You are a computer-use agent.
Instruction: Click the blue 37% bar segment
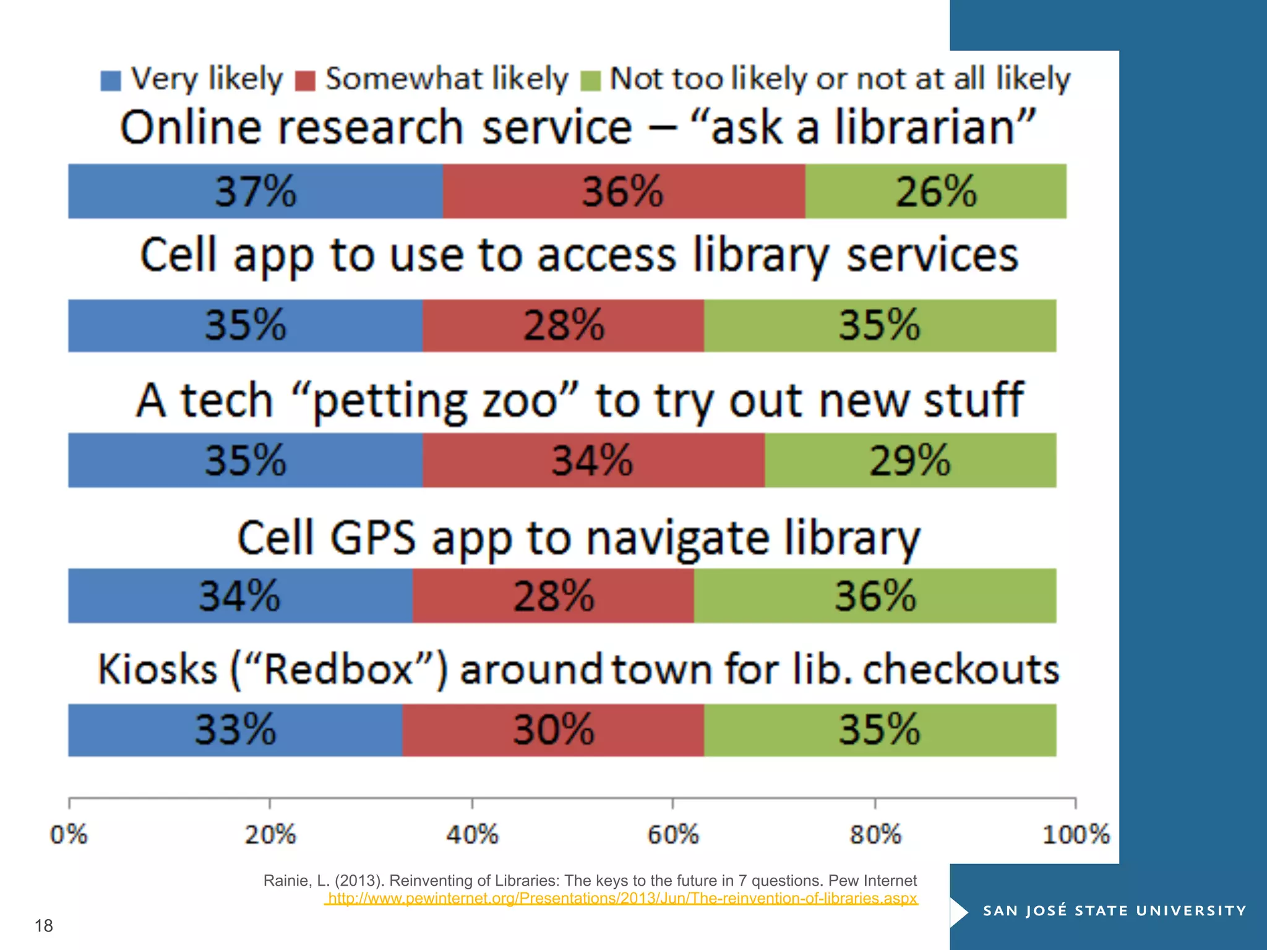(x=256, y=191)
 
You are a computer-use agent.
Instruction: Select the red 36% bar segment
(x=624, y=191)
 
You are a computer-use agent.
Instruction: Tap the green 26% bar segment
(x=935, y=191)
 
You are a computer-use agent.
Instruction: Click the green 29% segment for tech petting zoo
(x=910, y=460)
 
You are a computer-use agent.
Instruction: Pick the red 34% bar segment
(x=593, y=460)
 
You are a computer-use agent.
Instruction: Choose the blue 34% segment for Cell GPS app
(x=240, y=596)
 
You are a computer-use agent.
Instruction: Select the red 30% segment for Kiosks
(x=553, y=730)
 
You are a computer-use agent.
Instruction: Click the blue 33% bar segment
(x=235, y=730)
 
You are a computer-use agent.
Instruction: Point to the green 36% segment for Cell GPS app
(x=875, y=596)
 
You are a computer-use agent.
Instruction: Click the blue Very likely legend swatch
(x=111, y=81)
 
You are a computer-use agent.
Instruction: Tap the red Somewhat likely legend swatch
(x=306, y=81)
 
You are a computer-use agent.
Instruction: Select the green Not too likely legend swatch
(x=591, y=81)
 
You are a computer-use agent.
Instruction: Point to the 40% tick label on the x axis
(x=472, y=834)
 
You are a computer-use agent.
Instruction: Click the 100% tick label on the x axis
(x=1076, y=834)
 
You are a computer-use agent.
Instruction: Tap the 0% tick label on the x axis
(x=69, y=834)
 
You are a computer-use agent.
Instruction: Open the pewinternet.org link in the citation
(x=622, y=898)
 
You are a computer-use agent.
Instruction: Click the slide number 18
(x=44, y=926)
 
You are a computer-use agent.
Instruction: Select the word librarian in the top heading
(x=926, y=127)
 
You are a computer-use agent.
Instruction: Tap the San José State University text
(x=1114, y=910)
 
